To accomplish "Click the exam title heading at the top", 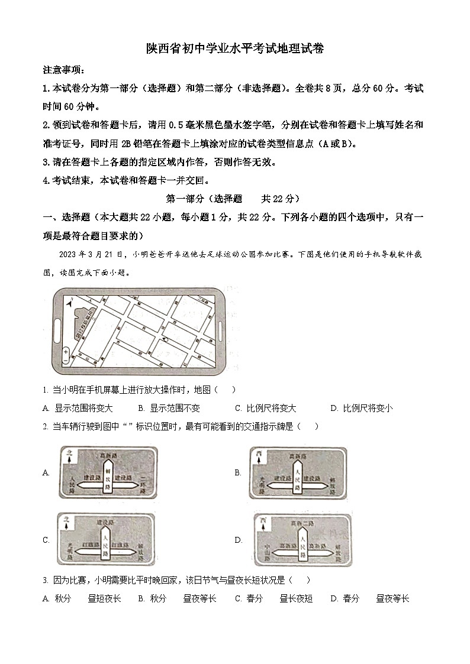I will pyautogui.click(x=235, y=50).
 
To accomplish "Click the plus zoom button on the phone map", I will pyautogui.click(x=65, y=351).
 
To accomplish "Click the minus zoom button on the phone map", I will pyautogui.click(x=65, y=360).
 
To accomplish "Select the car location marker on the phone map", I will pyautogui.click(x=166, y=340).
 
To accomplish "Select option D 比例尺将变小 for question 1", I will pyautogui.click(x=362, y=408).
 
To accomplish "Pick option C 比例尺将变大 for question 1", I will pyautogui.click(x=266, y=408).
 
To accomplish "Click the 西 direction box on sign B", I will pyautogui.click(x=259, y=455).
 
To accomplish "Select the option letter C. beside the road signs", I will pyautogui.click(x=46, y=540).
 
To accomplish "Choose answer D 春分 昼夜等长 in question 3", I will pyautogui.click(x=370, y=598).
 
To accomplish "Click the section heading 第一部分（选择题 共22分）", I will pyautogui.click(x=235, y=199).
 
